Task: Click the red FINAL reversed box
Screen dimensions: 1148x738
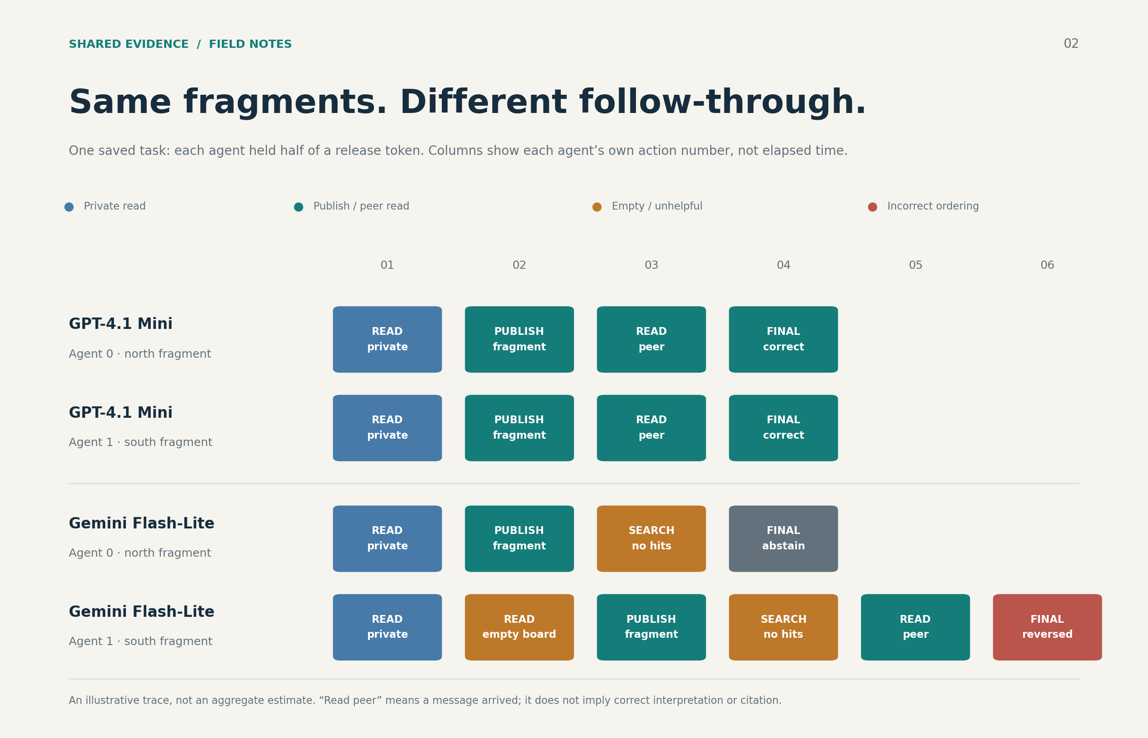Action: pos(1047,627)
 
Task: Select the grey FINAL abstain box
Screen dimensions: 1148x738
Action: pos(784,538)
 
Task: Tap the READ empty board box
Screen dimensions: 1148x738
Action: pos(519,627)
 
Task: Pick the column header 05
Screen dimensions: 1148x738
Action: pos(916,265)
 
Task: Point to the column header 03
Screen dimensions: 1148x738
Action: pos(651,265)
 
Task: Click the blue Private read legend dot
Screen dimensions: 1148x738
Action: pos(69,207)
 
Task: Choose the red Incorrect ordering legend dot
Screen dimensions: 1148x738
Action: pos(872,207)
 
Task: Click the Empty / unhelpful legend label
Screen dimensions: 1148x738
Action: pos(657,206)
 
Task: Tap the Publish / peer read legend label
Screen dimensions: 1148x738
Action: pos(361,206)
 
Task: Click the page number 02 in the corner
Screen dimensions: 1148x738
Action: pos(1071,44)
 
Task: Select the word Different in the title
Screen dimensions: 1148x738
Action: pos(483,102)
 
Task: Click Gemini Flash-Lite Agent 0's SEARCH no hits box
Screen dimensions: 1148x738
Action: pos(651,538)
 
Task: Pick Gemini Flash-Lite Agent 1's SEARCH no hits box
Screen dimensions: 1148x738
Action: pos(784,627)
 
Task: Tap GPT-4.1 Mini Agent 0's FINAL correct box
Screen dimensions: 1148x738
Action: pos(784,339)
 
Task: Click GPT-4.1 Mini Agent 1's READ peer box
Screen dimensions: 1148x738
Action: pos(651,428)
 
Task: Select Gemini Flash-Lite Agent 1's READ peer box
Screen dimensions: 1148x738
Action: pos(916,627)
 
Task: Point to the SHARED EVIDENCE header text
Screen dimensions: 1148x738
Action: pos(129,45)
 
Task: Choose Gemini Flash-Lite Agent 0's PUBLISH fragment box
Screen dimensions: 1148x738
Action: pos(519,538)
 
